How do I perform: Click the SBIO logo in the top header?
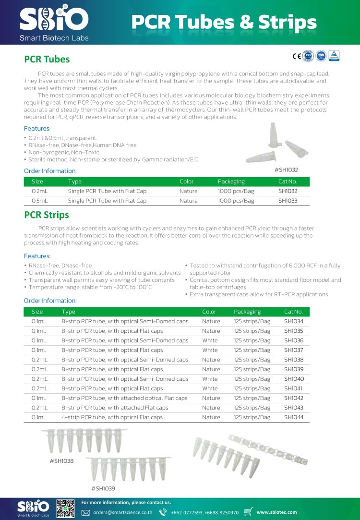point(54,22)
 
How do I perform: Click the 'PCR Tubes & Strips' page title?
point(224,23)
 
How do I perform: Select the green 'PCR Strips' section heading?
point(47,215)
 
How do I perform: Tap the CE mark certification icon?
point(297,56)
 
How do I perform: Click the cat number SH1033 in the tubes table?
point(288,201)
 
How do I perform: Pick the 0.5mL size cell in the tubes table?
point(40,201)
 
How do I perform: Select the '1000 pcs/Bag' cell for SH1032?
point(236,191)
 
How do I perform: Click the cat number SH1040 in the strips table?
point(294,379)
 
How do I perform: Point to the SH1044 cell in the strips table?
point(294,417)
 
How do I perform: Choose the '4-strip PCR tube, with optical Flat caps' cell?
point(112,417)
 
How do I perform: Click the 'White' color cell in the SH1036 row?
point(210,340)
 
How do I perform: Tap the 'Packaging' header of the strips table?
point(247,312)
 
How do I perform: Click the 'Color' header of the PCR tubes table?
point(186,181)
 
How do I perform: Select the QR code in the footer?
point(66,508)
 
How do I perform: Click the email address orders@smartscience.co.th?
point(122,512)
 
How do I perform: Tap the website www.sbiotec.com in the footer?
point(276,512)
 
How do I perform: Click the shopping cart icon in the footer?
point(249,512)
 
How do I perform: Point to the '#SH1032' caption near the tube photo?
point(286,169)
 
